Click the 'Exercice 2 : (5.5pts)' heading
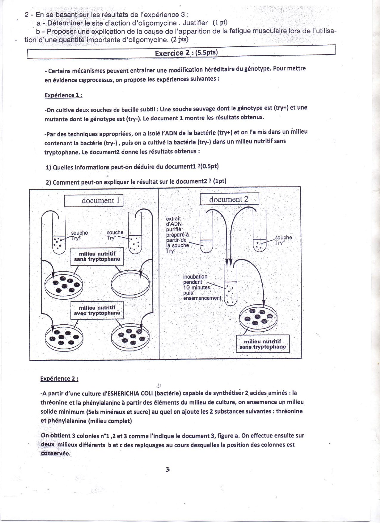(186, 53)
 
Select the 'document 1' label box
(94, 200)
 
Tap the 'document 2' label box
(229, 199)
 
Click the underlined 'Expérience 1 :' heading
(63, 95)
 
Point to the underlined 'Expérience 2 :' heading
(60, 379)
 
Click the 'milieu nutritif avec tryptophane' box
(97, 310)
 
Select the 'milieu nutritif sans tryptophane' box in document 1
(97, 256)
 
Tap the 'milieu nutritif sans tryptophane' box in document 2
(263, 344)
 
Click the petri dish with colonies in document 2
(258, 317)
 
